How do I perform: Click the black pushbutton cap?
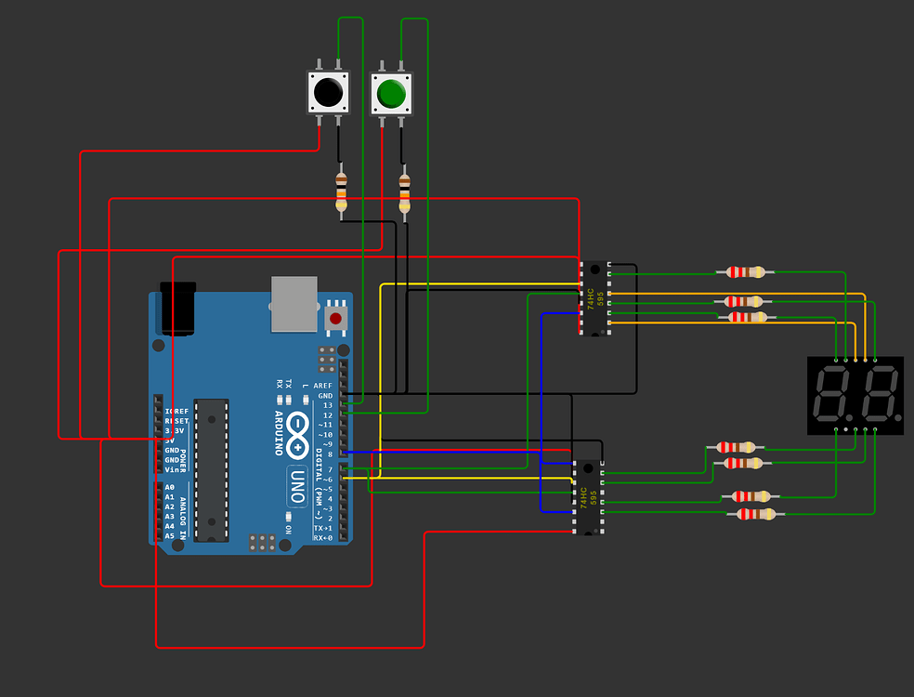[x=327, y=93]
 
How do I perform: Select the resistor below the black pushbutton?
[x=341, y=191]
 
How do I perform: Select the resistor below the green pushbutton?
[x=404, y=192]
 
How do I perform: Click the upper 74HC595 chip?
[x=591, y=298]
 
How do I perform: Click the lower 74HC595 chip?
[x=586, y=497]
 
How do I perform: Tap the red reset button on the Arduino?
[x=335, y=319]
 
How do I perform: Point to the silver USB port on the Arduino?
[x=294, y=303]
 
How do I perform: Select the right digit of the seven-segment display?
[x=878, y=395]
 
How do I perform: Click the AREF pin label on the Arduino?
[x=322, y=386]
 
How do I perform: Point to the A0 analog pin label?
[x=169, y=488]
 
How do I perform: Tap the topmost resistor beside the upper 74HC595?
[x=746, y=272]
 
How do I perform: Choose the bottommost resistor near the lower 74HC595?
[x=756, y=514]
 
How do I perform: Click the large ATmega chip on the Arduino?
[x=211, y=469]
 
